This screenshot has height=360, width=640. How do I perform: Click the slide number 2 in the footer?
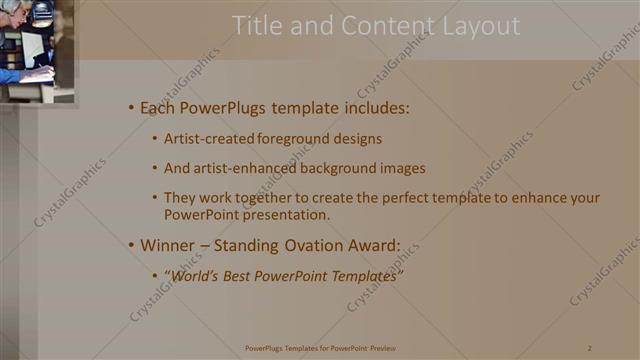pyautogui.click(x=590, y=347)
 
